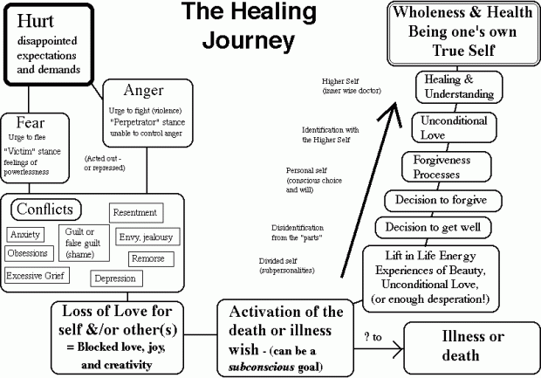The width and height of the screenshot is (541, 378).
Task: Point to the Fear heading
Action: tap(31, 124)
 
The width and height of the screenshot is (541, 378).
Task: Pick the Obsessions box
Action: tap(28, 253)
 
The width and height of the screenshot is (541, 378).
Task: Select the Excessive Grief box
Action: tap(38, 275)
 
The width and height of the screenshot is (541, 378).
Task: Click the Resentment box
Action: tap(135, 212)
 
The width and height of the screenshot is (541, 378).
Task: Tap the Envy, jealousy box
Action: tap(145, 237)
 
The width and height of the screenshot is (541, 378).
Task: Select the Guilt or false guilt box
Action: tap(82, 242)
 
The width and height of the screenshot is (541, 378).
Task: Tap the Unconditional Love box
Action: tap(446, 127)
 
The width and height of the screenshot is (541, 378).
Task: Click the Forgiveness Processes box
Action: tap(444, 166)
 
